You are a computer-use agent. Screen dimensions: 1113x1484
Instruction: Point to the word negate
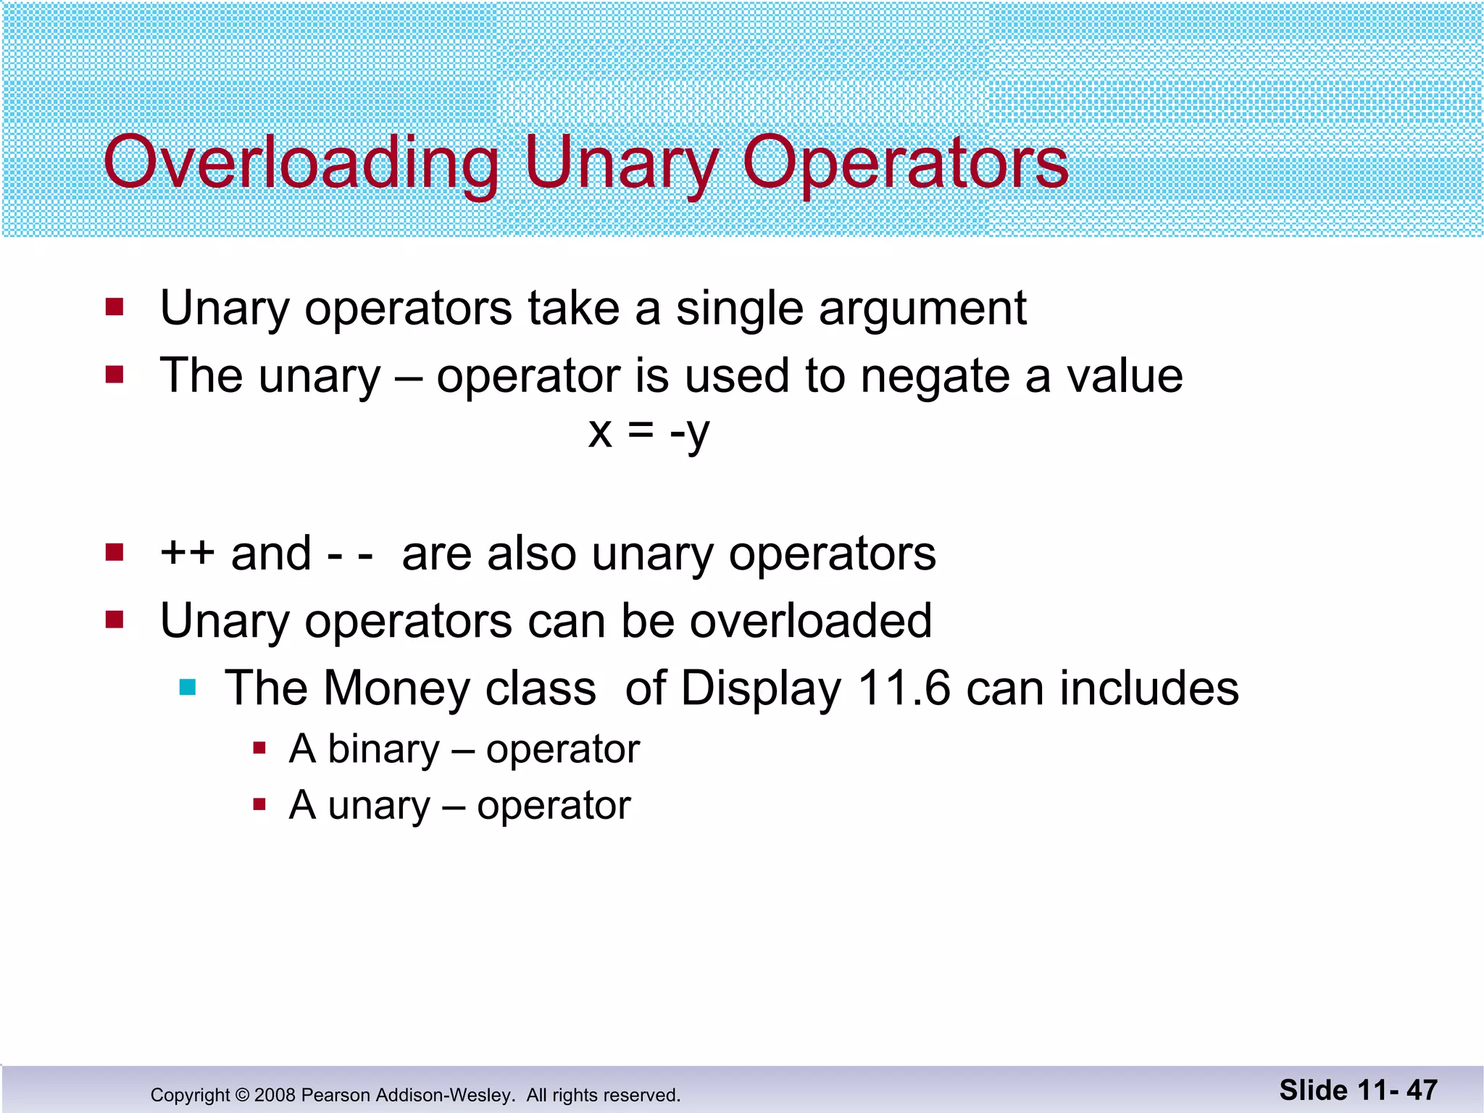click(935, 377)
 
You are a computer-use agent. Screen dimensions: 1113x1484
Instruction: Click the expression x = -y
click(649, 433)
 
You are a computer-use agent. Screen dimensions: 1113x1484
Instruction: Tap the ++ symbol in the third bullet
click(187, 553)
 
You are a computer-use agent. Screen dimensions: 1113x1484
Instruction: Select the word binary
click(383, 749)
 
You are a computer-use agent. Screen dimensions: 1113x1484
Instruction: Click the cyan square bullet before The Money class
click(188, 687)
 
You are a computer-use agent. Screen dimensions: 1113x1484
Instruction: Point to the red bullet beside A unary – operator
click(259, 804)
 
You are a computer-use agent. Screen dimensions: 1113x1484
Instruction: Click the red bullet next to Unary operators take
click(114, 307)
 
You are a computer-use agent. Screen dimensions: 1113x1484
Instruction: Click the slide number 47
click(1422, 1091)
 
